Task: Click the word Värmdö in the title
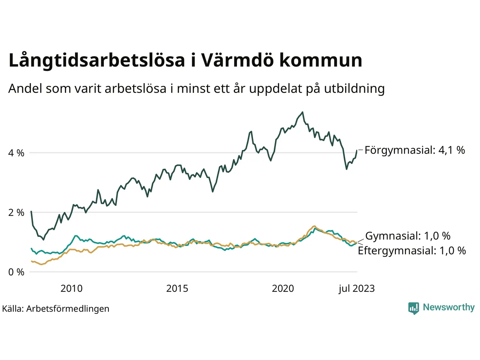click(237, 60)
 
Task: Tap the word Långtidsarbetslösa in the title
click(97, 61)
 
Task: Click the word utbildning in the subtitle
click(354, 88)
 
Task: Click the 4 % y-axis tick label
click(16, 153)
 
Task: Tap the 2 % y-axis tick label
click(16, 213)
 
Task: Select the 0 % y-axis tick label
click(16, 272)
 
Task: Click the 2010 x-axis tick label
click(71, 288)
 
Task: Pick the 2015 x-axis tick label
click(177, 288)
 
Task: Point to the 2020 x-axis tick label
click(283, 288)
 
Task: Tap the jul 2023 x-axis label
click(357, 288)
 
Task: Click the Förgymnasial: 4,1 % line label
click(415, 150)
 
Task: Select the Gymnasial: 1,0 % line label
click(408, 236)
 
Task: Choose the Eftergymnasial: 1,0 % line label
click(412, 250)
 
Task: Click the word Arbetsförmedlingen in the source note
click(68, 309)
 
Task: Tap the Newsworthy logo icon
click(414, 308)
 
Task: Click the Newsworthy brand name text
click(448, 307)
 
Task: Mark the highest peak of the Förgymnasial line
click(302, 112)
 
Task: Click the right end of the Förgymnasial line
click(357, 150)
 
